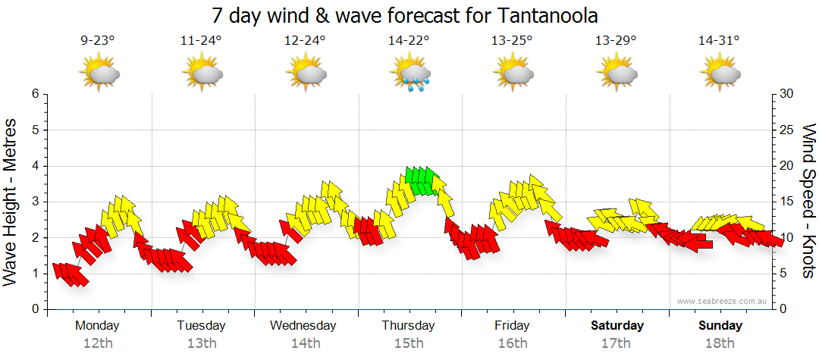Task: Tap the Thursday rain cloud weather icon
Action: coord(410,74)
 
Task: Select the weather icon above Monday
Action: coord(99,73)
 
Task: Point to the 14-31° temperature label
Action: coord(720,41)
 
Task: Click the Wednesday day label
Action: coord(303,326)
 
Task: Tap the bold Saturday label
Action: coord(617,326)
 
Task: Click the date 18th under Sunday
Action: coord(720,343)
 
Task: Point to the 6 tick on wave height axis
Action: coord(34,94)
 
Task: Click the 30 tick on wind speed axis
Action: coord(786,94)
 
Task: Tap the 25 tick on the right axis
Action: coord(786,130)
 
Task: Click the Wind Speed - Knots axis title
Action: coord(808,201)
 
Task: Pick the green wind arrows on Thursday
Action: coord(422,180)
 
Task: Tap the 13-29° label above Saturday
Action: coord(616,41)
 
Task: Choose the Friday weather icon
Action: coord(513,73)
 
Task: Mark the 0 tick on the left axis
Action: coord(34,309)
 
